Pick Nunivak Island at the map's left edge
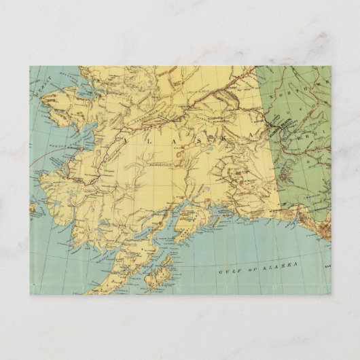(x=34, y=208)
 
